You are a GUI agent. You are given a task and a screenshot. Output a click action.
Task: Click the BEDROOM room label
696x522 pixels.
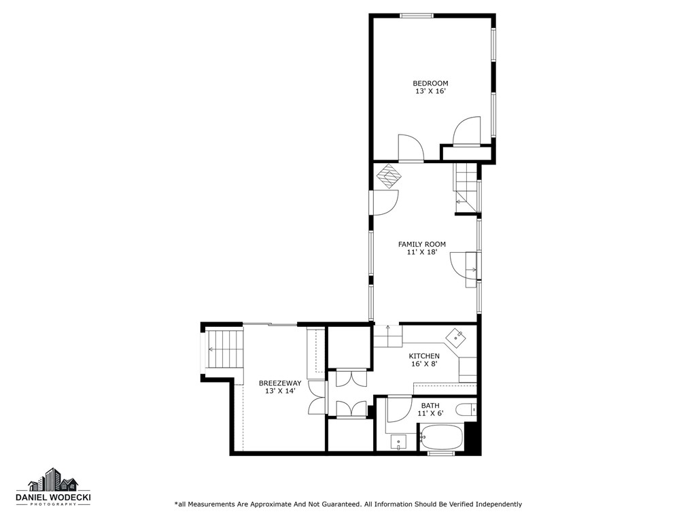(430, 84)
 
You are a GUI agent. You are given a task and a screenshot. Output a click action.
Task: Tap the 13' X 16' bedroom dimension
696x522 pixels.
(430, 91)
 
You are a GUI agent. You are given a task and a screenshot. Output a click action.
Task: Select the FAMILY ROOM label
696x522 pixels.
(421, 244)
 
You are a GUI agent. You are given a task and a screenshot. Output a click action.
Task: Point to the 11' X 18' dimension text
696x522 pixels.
(421, 252)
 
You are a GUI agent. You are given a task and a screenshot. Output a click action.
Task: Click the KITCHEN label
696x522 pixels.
(423, 356)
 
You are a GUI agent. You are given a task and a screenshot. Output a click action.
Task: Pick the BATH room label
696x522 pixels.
(430, 406)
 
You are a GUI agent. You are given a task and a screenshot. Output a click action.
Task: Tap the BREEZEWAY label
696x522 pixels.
(279, 383)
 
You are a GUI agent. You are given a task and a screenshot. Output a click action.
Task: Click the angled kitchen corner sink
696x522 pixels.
(455, 335)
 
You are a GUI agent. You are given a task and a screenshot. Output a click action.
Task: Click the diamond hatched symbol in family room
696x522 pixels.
(389, 175)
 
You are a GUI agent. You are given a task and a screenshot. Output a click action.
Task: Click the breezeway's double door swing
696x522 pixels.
(316, 397)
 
